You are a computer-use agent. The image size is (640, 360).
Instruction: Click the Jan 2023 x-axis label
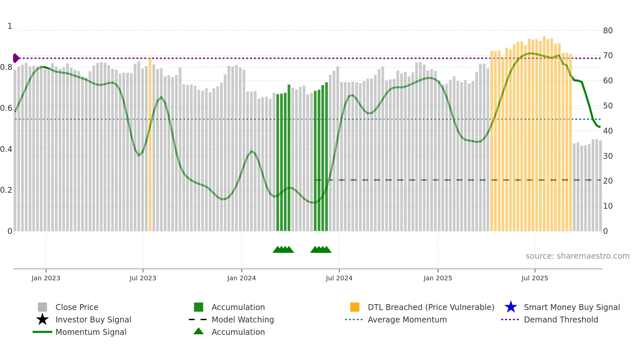click(x=46, y=278)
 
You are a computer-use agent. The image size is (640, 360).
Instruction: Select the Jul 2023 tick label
click(x=143, y=278)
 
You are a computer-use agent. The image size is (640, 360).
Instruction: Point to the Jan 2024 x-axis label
click(x=241, y=278)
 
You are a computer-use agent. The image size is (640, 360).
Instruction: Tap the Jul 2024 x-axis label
click(x=339, y=278)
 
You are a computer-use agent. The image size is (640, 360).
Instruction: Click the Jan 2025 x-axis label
click(x=438, y=278)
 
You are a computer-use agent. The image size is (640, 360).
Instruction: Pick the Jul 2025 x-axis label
click(x=535, y=278)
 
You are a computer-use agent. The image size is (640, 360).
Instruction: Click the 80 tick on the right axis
click(x=608, y=31)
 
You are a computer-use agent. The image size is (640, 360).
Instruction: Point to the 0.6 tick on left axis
click(x=6, y=108)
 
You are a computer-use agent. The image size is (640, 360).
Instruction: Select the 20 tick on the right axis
click(x=608, y=181)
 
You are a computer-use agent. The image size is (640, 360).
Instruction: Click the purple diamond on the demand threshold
click(x=16, y=58)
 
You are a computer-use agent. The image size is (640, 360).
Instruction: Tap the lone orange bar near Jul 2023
click(x=150, y=144)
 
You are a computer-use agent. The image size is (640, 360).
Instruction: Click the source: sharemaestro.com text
click(x=577, y=256)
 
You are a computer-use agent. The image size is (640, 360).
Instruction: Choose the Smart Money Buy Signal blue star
click(x=511, y=307)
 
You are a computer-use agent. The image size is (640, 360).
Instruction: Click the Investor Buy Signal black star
click(x=42, y=319)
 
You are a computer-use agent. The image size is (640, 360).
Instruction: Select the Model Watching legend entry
click(x=243, y=319)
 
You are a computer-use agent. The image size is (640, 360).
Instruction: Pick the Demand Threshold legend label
click(x=561, y=319)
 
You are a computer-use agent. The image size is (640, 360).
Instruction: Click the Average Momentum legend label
click(x=407, y=319)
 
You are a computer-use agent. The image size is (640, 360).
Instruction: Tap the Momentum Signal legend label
click(x=91, y=332)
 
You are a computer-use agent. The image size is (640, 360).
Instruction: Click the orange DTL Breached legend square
click(x=355, y=307)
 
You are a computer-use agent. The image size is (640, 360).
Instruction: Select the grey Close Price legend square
click(x=42, y=307)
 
